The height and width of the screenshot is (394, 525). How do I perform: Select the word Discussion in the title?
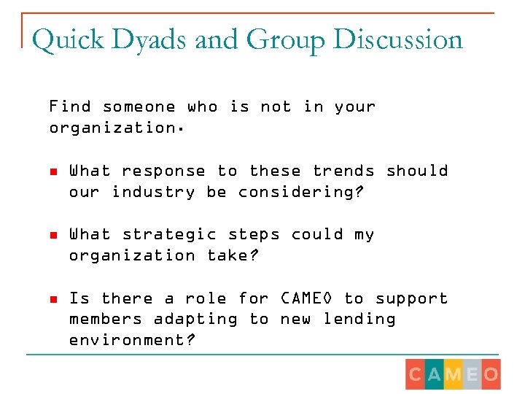point(398,40)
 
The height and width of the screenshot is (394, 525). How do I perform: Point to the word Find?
point(70,107)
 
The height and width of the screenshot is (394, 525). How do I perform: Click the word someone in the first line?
point(139,107)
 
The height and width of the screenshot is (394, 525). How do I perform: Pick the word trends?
point(343,171)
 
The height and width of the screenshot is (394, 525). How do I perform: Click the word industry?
point(153,192)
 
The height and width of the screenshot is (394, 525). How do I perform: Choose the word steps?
point(254,234)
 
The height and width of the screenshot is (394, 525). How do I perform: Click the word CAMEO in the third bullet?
point(306,298)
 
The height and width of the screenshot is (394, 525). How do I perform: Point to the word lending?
point(359,319)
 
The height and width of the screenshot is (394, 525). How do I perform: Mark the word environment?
point(132,340)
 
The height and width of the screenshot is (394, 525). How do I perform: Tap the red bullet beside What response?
point(53,171)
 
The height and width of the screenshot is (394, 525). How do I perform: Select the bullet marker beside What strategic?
point(53,235)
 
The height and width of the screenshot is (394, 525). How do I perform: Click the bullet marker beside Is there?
point(53,299)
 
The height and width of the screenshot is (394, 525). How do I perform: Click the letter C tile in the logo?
point(415,374)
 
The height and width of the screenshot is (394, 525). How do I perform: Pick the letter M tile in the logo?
point(453,374)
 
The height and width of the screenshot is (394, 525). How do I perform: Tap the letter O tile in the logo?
point(491,374)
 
